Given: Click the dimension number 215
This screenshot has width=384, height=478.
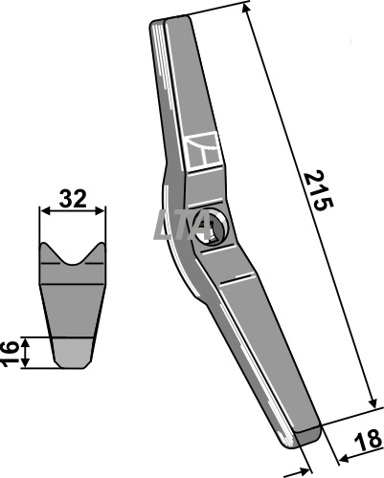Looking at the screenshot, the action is pos(319,190).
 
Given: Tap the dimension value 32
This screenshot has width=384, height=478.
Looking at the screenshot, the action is pos(73,199).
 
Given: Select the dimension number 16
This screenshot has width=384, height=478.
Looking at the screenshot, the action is pos(11,353).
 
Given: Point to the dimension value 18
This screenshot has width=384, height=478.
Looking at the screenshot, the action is pos(367,441).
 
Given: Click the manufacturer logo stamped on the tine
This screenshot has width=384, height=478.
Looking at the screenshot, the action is pos(204,152).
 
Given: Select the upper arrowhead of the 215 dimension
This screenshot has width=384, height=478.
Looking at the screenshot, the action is pos(245,9).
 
